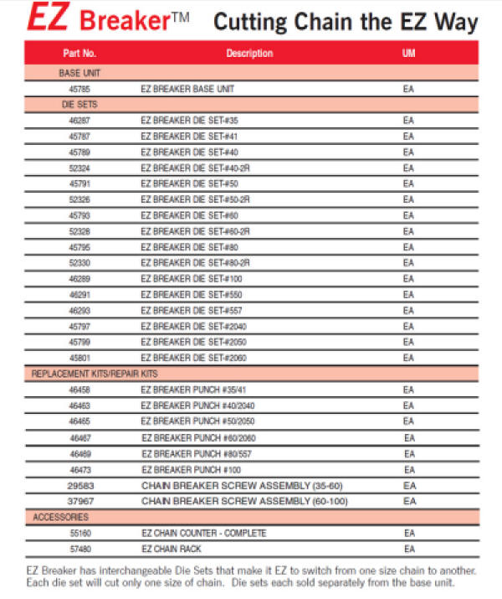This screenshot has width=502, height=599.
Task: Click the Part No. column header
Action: point(80,54)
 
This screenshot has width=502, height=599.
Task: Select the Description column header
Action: point(249,54)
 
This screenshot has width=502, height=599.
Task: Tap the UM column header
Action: point(408,54)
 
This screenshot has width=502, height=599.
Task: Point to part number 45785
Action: point(80,89)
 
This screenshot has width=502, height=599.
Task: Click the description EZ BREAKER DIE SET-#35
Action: point(189,121)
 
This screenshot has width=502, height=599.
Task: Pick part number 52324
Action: point(80,168)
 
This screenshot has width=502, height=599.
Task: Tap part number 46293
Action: point(80,311)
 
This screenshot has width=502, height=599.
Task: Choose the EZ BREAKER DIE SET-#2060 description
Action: point(193,359)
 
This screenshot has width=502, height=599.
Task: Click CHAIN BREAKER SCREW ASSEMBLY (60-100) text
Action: point(243,501)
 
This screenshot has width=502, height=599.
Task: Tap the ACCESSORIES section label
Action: point(61,518)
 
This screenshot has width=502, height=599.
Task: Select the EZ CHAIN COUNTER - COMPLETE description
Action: point(204,534)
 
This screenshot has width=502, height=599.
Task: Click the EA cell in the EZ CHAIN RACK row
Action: point(409,549)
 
